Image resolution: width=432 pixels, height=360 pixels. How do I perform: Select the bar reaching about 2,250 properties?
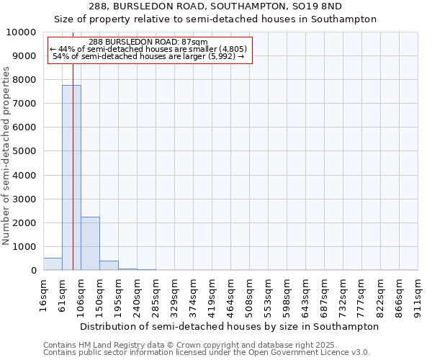click(90, 243)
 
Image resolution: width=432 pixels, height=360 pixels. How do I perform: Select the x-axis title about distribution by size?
click(229, 326)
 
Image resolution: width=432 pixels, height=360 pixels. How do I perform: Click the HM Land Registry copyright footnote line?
click(195, 345)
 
